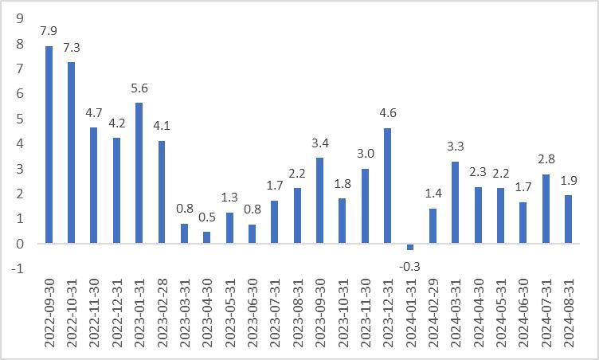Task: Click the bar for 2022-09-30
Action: (x=49, y=144)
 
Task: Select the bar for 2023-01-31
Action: (x=139, y=173)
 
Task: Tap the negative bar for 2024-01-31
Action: (x=410, y=247)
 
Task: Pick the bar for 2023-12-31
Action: (x=388, y=186)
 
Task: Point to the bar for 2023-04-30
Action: (x=207, y=237)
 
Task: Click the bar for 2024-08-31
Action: (x=568, y=219)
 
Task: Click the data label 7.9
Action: (x=49, y=32)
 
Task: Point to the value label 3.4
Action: (x=320, y=144)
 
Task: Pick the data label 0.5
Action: (x=207, y=217)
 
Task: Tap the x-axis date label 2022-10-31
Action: (x=72, y=313)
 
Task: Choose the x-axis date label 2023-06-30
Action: (x=253, y=313)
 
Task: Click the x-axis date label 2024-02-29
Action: (x=433, y=313)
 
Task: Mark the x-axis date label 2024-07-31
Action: (x=546, y=313)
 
